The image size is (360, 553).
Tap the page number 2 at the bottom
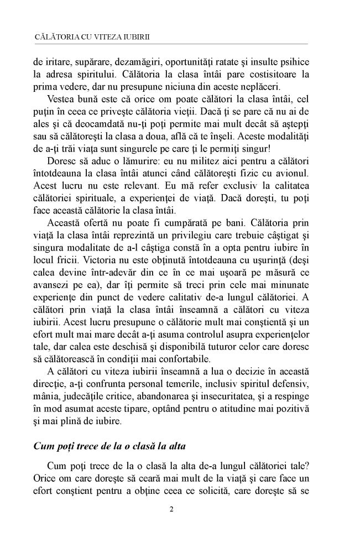click(171, 509)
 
